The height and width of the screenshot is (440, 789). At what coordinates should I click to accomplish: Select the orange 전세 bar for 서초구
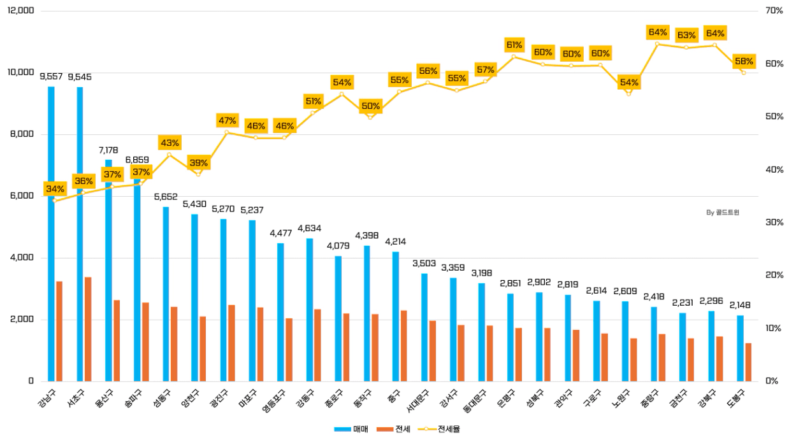[x=88, y=329]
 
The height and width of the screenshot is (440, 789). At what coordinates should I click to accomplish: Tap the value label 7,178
[x=108, y=150]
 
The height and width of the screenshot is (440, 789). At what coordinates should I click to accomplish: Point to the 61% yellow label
[x=514, y=45]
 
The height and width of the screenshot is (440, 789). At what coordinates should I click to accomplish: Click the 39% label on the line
[x=198, y=163]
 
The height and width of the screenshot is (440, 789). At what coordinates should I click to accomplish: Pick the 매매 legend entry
[x=351, y=429]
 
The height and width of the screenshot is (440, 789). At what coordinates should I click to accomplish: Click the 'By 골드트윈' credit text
[x=723, y=213]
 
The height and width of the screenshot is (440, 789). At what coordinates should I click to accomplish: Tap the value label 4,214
[x=395, y=241]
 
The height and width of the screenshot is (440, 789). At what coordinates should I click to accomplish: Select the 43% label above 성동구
[x=170, y=143]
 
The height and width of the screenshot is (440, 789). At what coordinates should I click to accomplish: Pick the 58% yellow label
[x=743, y=62]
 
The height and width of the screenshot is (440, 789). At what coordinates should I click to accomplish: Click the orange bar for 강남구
[x=59, y=331]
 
